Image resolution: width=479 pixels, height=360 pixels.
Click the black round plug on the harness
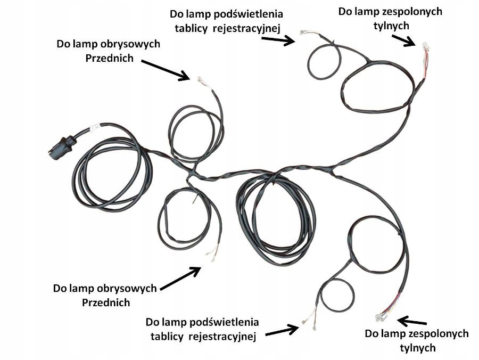point(61,146)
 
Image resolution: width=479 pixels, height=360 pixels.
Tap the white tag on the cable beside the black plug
point(94,128)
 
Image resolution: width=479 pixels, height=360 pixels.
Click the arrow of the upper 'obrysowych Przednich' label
point(166,70)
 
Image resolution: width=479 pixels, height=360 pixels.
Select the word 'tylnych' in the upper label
point(391,25)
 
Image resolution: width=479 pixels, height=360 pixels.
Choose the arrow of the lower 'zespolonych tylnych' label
point(412,322)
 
